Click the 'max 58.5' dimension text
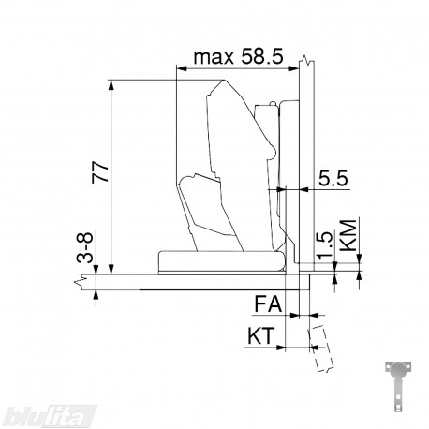click(238, 57)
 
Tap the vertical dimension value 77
click(100, 171)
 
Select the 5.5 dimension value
click(333, 179)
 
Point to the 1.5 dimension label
click(325, 245)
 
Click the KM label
click(348, 235)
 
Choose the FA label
click(268, 303)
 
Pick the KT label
click(261, 335)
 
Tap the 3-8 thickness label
click(85, 247)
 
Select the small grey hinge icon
click(398, 386)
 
